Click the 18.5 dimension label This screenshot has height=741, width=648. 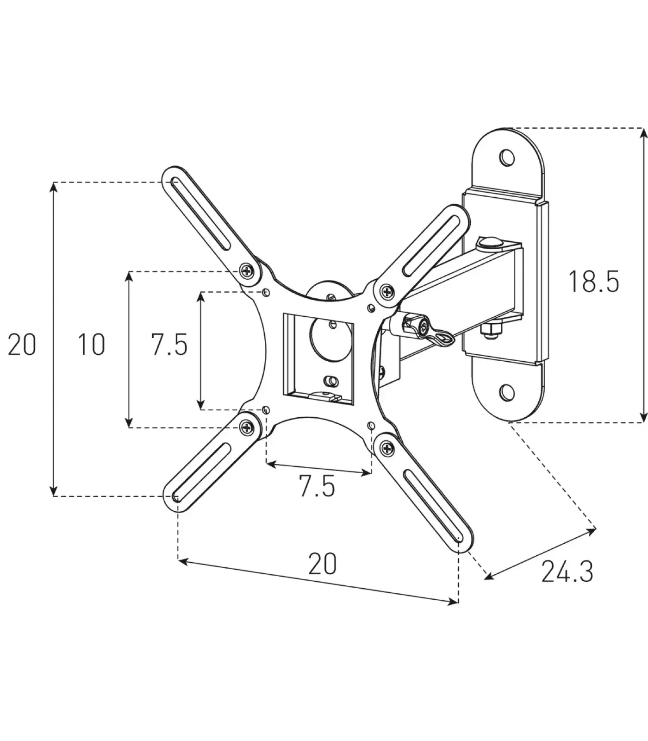point(593,282)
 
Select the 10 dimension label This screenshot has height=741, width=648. point(91,345)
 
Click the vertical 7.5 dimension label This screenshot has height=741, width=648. point(169,345)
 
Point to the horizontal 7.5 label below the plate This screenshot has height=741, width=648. point(317,487)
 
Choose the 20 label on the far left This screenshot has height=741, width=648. point(22,345)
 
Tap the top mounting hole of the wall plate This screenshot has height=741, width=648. point(507,157)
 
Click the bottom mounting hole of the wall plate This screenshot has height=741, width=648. point(507,393)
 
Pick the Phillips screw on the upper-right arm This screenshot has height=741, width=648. point(387,291)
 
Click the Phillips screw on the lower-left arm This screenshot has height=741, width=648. point(247,427)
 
